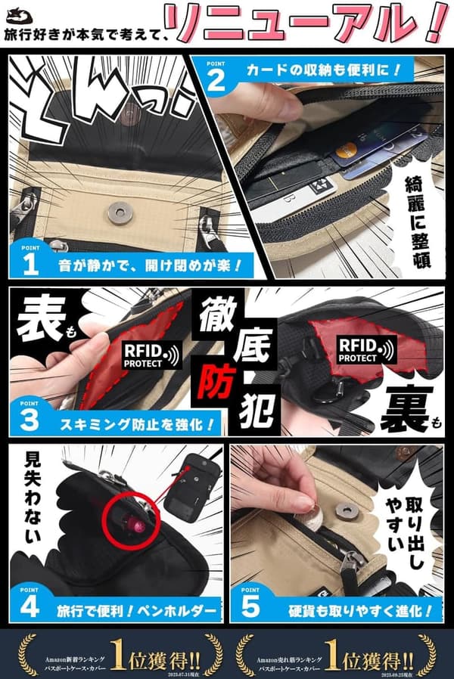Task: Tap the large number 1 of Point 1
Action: point(30,262)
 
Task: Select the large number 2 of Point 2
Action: point(215,79)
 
